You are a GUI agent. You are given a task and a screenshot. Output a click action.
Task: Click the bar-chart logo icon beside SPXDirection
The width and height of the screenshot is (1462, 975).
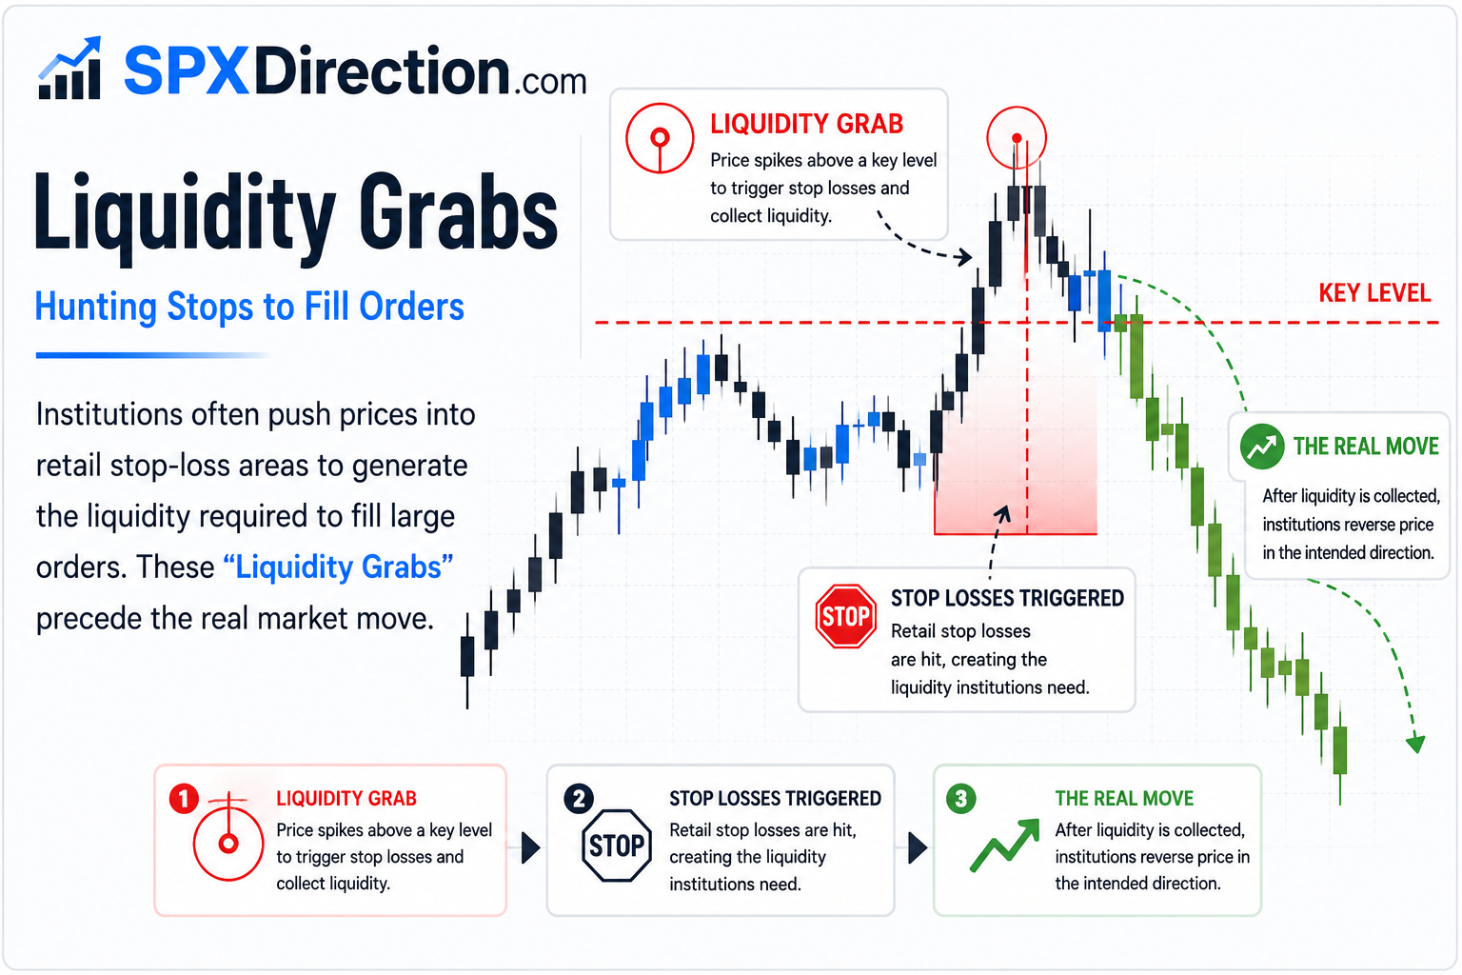coord(69,68)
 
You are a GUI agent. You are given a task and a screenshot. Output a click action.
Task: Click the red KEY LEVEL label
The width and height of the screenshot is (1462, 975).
coord(1374,293)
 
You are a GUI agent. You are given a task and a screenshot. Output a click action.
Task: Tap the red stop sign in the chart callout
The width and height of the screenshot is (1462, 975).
coord(845,616)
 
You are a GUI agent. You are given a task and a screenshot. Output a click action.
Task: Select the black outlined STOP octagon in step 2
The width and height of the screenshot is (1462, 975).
coord(616,846)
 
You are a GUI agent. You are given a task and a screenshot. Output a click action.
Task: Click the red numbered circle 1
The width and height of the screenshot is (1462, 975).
coord(184,799)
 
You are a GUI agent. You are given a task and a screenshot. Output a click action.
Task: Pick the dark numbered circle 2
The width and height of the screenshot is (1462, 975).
coord(579,799)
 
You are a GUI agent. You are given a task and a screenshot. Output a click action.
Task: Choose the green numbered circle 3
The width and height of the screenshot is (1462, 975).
coord(960,799)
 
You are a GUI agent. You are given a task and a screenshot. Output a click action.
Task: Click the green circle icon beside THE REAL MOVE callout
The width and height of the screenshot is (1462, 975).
coord(1262,447)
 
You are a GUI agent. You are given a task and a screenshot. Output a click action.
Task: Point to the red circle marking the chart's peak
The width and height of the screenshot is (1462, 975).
coord(1017,138)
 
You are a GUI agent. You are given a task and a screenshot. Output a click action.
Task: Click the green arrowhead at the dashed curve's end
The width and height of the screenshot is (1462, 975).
coord(1415,744)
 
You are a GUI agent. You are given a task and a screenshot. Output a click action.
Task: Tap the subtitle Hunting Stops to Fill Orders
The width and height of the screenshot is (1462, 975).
coord(249,307)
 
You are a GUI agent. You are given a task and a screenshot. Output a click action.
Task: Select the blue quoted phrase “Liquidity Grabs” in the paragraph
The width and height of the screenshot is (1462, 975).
coord(338,567)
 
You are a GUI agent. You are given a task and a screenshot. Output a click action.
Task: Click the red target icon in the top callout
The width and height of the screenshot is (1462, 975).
coord(660,138)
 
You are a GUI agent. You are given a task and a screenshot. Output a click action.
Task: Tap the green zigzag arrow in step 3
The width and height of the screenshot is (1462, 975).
coord(1004,846)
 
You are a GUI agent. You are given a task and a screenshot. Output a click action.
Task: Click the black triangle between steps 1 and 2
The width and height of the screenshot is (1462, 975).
coord(531,847)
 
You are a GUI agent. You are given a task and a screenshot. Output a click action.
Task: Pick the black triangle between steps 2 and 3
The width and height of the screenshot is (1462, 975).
coord(919,847)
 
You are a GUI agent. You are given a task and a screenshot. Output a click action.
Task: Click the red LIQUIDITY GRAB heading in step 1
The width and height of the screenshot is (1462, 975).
coord(346,798)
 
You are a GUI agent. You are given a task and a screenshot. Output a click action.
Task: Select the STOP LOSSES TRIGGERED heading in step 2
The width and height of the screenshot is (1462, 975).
coord(776,798)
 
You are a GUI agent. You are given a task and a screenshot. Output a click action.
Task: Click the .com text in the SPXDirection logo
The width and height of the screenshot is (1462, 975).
coord(549,82)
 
